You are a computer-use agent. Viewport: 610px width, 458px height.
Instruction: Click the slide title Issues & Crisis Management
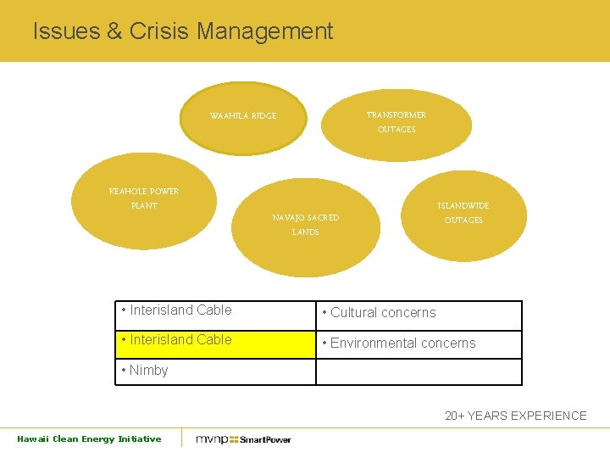(x=183, y=32)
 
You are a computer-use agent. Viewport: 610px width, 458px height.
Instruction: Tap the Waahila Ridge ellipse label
(x=243, y=116)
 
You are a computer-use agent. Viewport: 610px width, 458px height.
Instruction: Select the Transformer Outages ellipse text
(x=396, y=122)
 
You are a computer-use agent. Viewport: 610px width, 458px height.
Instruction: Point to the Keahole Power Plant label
(x=144, y=198)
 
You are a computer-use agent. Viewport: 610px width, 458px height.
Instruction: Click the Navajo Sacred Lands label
(x=305, y=225)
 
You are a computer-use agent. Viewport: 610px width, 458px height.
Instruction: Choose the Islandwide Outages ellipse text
(x=463, y=213)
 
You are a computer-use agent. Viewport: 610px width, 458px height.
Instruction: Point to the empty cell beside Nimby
(x=419, y=371)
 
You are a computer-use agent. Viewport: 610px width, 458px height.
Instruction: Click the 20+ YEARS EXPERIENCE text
(x=515, y=416)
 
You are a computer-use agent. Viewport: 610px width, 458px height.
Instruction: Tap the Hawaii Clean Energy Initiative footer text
(x=89, y=438)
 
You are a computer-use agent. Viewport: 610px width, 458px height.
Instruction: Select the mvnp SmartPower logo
(x=243, y=439)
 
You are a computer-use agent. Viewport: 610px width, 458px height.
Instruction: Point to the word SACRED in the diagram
(x=323, y=218)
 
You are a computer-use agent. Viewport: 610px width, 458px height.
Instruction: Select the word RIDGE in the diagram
(x=263, y=116)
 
